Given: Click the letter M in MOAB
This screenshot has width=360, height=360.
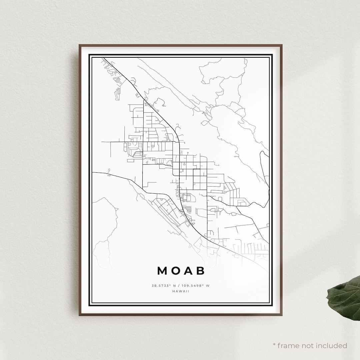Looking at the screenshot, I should coord(162,271).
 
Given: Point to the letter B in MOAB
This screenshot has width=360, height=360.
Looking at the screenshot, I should coord(201,271).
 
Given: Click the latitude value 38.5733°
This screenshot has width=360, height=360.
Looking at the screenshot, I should coord(161,286).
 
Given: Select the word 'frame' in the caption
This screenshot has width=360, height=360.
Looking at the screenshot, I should coord(289,346).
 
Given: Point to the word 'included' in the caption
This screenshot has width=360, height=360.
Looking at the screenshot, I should coord(332,346).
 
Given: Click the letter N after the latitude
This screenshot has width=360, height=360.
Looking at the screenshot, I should coord(174,286).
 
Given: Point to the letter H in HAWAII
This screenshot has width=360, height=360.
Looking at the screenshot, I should coord(174,291).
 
